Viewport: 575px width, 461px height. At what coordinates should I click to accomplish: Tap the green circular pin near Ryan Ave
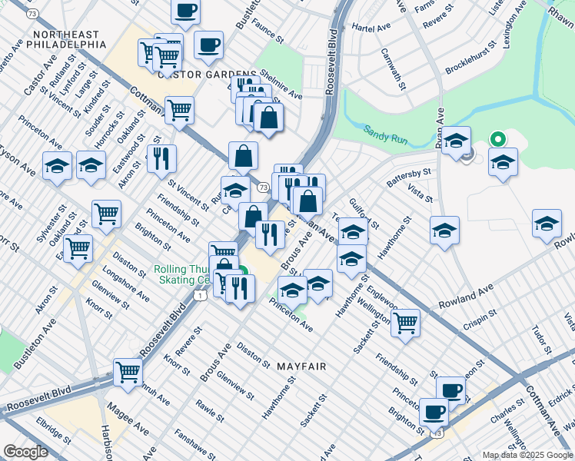(x=497, y=140)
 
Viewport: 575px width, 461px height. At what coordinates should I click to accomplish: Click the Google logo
(x=25, y=451)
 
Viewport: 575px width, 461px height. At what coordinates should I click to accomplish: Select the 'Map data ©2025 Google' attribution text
(x=527, y=455)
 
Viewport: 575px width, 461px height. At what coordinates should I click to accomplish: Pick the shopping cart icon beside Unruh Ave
(x=128, y=372)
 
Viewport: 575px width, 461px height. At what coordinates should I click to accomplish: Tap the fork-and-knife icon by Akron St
(x=161, y=158)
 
